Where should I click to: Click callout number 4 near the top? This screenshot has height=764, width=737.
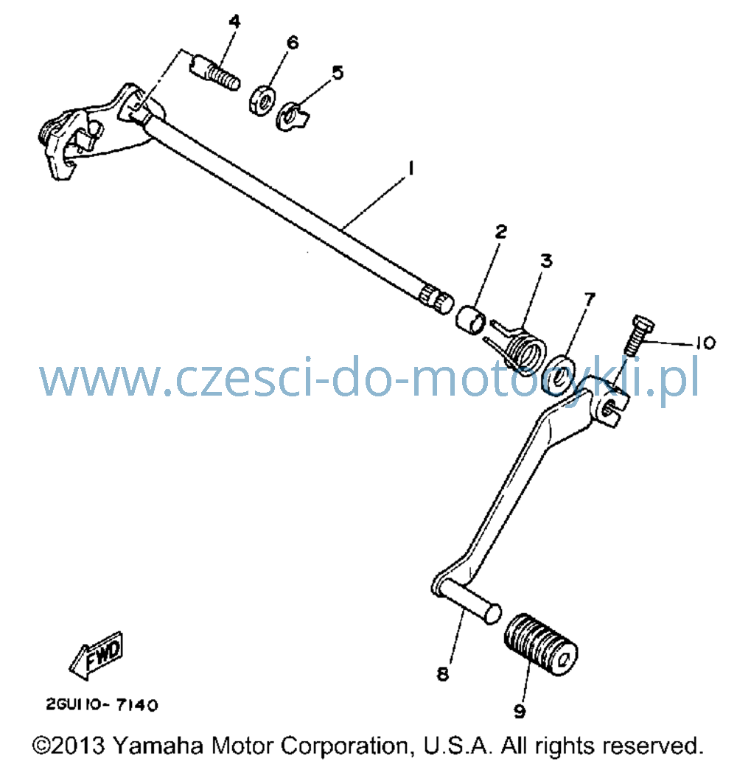pyautogui.click(x=234, y=22)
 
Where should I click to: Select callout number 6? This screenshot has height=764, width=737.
pyautogui.click(x=293, y=43)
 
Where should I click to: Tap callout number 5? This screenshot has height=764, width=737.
pyautogui.click(x=338, y=73)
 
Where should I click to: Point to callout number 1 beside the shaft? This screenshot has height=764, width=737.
pyautogui.click(x=411, y=168)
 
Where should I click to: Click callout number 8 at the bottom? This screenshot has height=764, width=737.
pyautogui.click(x=443, y=674)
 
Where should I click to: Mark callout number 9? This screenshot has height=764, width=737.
pyautogui.click(x=520, y=712)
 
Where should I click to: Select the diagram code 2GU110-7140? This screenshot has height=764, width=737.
pyautogui.click(x=102, y=704)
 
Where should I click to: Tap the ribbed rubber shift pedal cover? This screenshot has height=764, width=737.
pyautogui.click(x=540, y=644)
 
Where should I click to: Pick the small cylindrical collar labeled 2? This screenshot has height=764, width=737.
pyautogui.click(x=471, y=320)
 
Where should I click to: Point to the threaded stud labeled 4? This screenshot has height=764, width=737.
pyautogui.click(x=214, y=73)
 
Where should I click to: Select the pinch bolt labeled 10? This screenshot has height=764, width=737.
pyautogui.click(x=638, y=336)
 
